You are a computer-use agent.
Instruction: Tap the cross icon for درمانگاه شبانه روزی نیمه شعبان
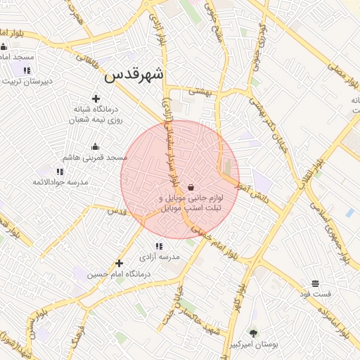coord(96,99)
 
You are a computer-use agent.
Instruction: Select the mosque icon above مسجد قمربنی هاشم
coord(96,146)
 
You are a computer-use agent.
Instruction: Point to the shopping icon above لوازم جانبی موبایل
coord(191,187)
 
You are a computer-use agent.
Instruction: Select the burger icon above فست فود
coord(315,283)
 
